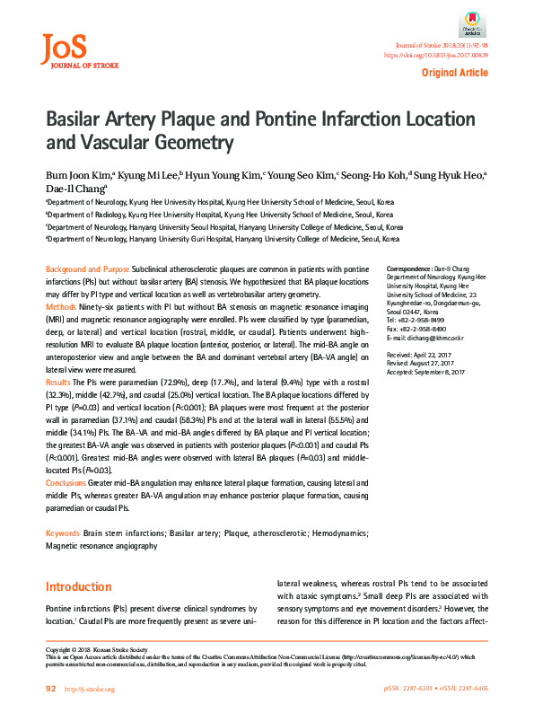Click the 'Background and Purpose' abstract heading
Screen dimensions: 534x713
tap(87, 270)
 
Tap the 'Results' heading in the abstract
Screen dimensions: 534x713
tap(59, 382)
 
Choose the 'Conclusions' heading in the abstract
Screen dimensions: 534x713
tap(67, 482)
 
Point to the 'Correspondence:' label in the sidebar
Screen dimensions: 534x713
tap(408, 270)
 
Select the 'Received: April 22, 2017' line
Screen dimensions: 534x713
tap(419, 355)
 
